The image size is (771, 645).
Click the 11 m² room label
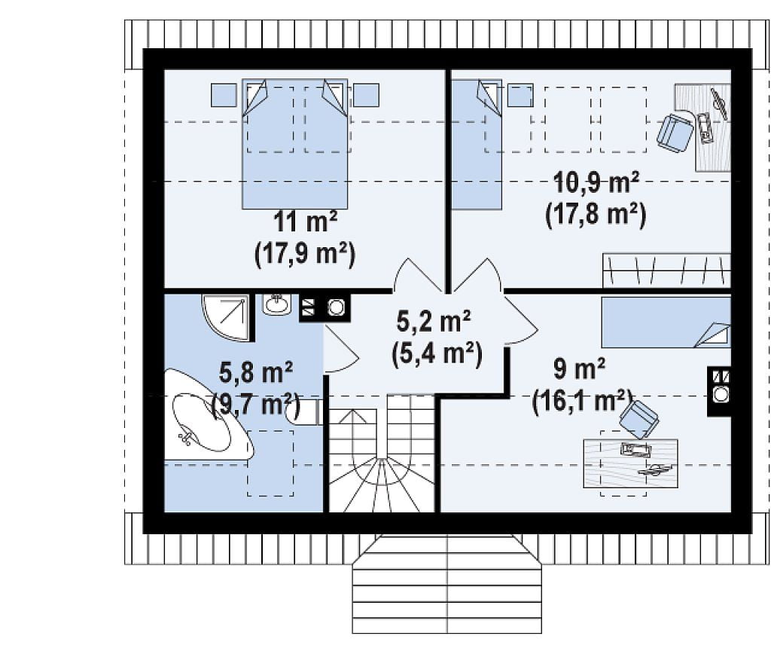(x=305, y=222)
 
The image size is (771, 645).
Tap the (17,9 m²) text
(x=305, y=254)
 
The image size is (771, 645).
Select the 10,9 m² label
(x=596, y=183)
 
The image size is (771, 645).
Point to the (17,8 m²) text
(x=596, y=215)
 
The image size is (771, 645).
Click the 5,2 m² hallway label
(x=433, y=322)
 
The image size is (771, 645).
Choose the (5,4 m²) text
(x=437, y=353)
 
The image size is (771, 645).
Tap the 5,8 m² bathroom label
(x=256, y=372)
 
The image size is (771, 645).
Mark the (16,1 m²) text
(x=582, y=400)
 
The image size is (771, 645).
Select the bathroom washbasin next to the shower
(x=277, y=304)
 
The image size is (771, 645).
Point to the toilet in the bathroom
(x=304, y=412)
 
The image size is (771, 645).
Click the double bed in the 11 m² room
(x=294, y=144)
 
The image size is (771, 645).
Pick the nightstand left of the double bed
(x=224, y=95)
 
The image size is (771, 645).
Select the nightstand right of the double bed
(x=367, y=95)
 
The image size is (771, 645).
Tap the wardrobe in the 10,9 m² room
(x=667, y=271)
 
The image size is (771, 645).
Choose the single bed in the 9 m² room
(x=666, y=322)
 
